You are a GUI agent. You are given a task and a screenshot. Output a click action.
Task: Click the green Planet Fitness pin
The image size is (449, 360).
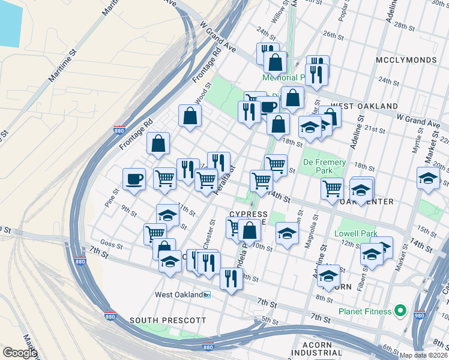pyautogui.click(x=402, y=311)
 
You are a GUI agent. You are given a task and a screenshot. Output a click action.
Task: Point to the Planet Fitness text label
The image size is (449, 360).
pyautogui.click(x=364, y=311)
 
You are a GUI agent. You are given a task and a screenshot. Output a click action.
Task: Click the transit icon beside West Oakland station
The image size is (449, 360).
pyautogui.click(x=207, y=295)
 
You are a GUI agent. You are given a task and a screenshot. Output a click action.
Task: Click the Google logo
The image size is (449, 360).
pyautogui.click(x=19, y=352)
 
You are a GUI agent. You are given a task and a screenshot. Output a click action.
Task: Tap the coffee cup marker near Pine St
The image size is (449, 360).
pyautogui.click(x=134, y=178)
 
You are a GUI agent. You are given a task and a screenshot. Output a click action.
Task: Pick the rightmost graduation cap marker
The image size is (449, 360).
pyautogui.click(x=428, y=179)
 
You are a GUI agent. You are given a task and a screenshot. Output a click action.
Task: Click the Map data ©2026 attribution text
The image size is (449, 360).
pyautogui.click(x=424, y=355)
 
